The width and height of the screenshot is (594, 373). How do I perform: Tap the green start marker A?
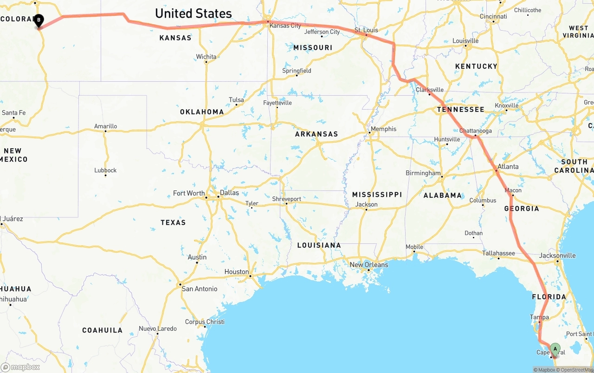pyautogui.click(x=555, y=349)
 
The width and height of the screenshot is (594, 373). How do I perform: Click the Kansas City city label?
pyautogui.click(x=285, y=26)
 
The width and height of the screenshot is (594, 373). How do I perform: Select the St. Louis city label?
pyautogui.click(x=366, y=30)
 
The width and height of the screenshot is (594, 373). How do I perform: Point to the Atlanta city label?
pyautogui.click(x=508, y=167)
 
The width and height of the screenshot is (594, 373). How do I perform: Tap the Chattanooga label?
pyautogui.click(x=475, y=131)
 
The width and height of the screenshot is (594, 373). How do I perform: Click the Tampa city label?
pyautogui.click(x=539, y=317)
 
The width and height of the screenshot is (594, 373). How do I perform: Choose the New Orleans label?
pyautogui.click(x=368, y=265)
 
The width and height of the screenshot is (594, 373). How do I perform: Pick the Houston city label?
pyautogui.click(x=237, y=272)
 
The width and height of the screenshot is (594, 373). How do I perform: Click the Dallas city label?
pyautogui.click(x=229, y=193)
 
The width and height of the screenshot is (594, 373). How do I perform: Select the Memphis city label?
pyautogui.click(x=383, y=129)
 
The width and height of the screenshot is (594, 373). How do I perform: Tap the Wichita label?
pyautogui.click(x=206, y=57)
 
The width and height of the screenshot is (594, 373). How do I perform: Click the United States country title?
pyautogui.click(x=193, y=13)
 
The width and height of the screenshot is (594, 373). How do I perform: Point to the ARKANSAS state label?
pyautogui.click(x=316, y=134)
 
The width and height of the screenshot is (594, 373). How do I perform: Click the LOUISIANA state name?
pyautogui.click(x=319, y=245)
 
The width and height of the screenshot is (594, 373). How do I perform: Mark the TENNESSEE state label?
pyautogui.click(x=460, y=110)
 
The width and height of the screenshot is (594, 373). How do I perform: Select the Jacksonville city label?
pyautogui.click(x=557, y=255)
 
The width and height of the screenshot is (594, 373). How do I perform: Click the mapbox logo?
pyautogui.click(x=20, y=367)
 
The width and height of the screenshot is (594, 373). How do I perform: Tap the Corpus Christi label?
pyautogui.click(x=205, y=322)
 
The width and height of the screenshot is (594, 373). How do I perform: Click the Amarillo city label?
pyautogui.click(x=105, y=126)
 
